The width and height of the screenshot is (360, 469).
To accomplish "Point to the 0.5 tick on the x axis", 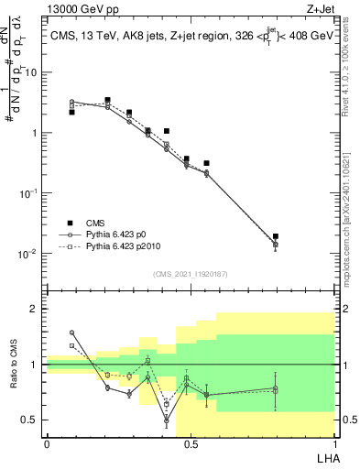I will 190,443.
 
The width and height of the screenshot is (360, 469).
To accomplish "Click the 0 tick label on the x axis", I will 47,443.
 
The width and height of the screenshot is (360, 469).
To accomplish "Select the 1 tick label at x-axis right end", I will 333,443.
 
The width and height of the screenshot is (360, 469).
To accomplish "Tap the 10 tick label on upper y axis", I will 31,72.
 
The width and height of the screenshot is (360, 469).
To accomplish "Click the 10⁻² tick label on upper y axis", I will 29,254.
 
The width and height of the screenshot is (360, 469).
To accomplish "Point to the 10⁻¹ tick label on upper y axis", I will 29,193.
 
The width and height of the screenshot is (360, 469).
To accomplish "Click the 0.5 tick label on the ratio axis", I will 33,420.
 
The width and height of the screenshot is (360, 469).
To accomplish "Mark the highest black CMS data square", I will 107,100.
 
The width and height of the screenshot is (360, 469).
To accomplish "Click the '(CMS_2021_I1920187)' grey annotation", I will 190,273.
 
